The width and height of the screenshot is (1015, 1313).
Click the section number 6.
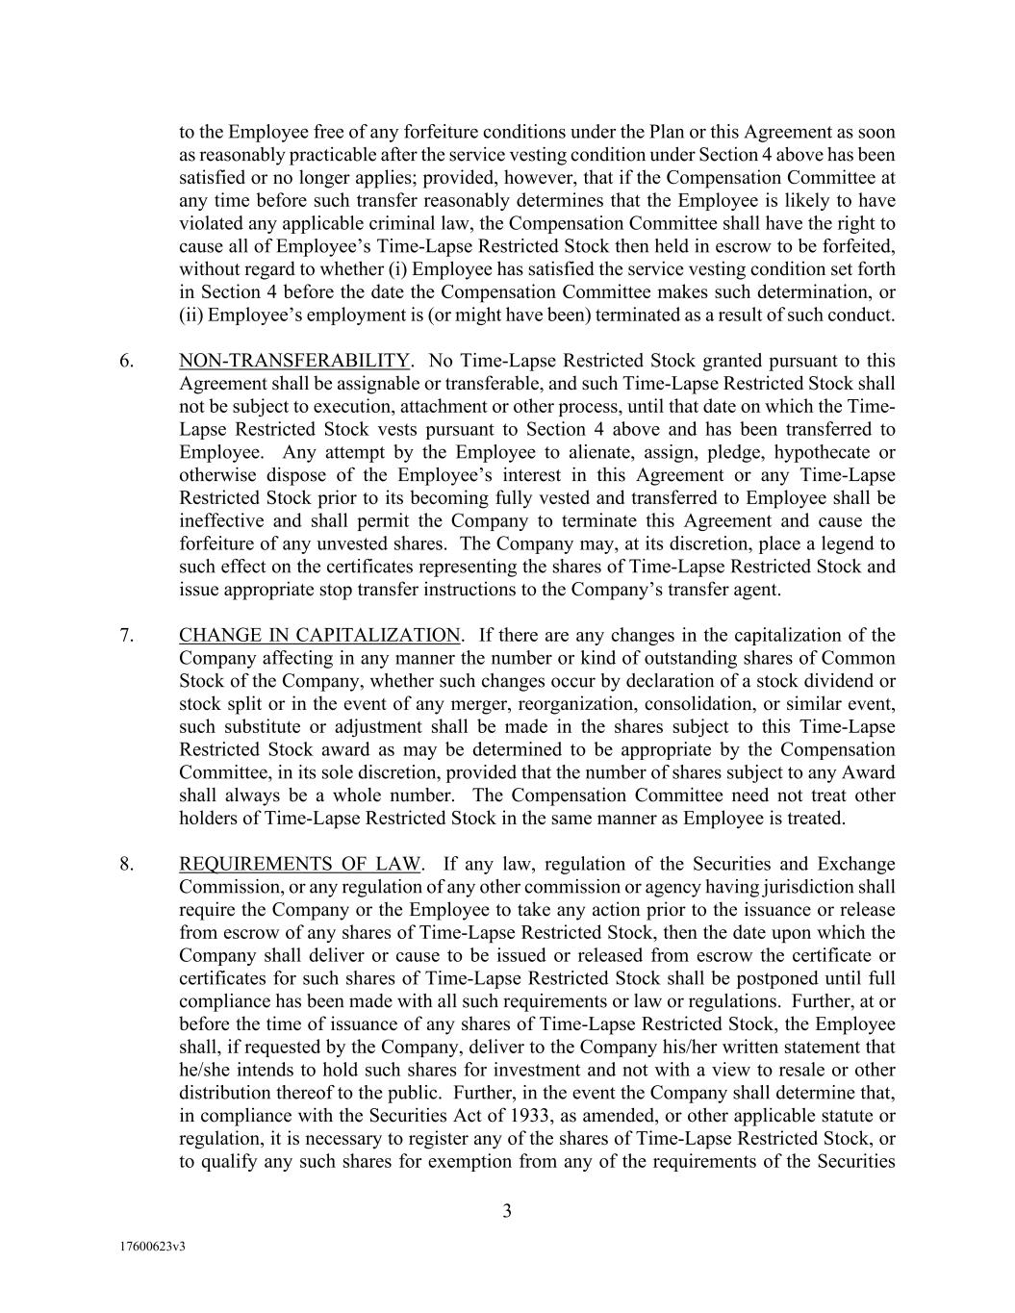tap(126, 362)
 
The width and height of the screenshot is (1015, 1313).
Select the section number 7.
tap(126, 636)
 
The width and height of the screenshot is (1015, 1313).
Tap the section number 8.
tap(126, 865)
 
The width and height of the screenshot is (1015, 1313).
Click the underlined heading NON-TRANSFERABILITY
tap(294, 362)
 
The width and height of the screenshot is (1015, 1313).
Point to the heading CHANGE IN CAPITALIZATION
tap(319, 636)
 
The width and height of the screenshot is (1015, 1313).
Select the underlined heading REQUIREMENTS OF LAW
tap(299, 865)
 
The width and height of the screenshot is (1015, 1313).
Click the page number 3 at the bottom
tap(507, 1211)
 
